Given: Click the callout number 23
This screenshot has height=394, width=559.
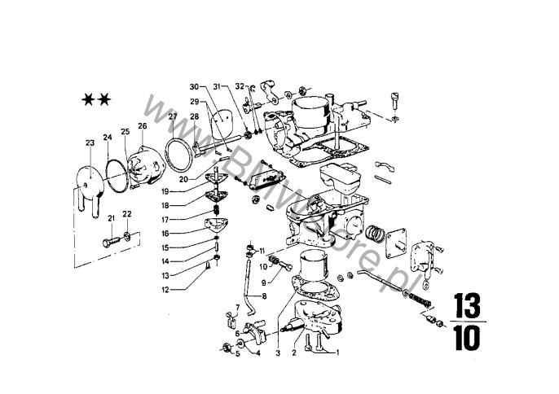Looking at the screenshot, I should (x=90, y=143).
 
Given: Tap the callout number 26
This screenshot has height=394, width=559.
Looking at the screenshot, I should (x=143, y=126).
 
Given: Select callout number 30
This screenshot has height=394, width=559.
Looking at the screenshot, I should (x=194, y=86).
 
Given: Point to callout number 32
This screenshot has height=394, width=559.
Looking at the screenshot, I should (x=240, y=85).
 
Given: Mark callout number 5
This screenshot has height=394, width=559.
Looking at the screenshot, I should (x=238, y=354).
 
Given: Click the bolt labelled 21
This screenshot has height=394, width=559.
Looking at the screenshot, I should (x=110, y=243).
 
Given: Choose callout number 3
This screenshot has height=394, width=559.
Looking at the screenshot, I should (x=277, y=354).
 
